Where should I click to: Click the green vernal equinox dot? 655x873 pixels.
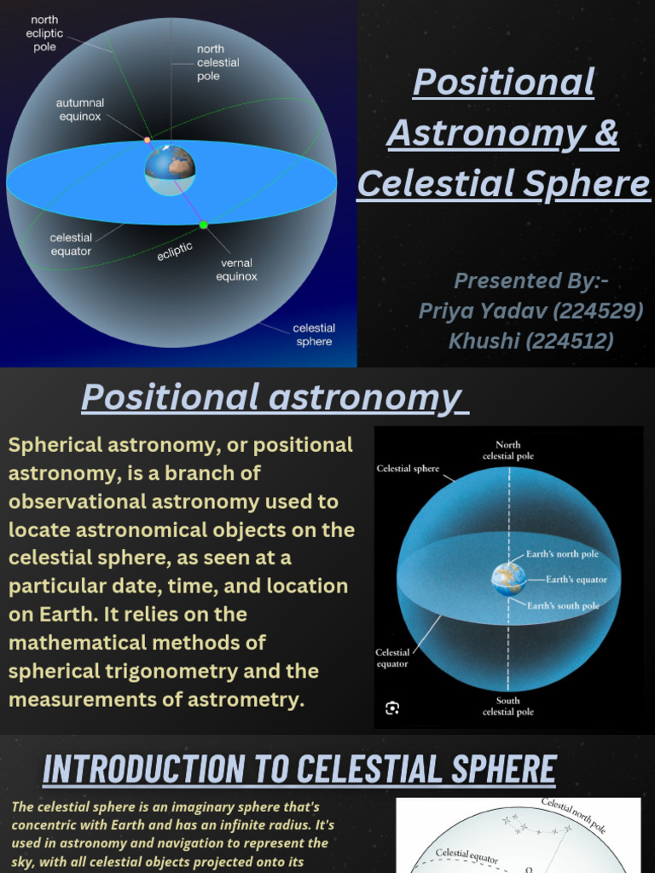point(204,225)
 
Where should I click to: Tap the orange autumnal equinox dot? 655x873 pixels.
point(148,140)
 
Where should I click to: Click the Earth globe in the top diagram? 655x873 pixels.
point(171,169)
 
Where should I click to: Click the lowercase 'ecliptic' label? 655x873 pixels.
point(175,251)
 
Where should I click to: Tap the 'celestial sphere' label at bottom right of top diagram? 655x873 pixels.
point(314,334)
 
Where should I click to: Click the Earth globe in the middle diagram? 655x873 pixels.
point(508,579)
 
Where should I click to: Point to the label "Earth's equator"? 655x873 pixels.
point(577,580)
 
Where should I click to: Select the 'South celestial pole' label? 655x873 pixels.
point(508,706)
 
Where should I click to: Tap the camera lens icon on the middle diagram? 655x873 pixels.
point(392,708)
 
